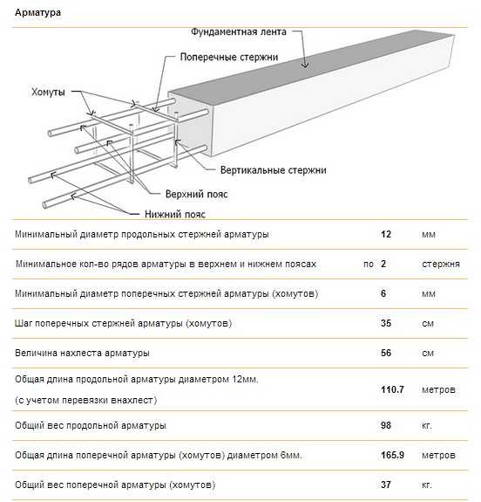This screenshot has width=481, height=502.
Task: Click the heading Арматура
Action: coord(37,13)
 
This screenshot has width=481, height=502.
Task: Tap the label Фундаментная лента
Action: coord(239,31)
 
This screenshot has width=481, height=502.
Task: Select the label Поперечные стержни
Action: coord(229,57)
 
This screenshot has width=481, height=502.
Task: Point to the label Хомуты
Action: coord(48,93)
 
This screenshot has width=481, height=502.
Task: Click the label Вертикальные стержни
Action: coord(274,170)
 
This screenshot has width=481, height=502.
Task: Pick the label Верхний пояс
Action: coord(196,194)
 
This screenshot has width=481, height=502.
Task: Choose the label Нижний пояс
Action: coord(175,214)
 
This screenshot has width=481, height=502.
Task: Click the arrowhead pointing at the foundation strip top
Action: coord(305,65)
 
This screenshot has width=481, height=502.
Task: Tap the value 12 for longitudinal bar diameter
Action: coord(386,234)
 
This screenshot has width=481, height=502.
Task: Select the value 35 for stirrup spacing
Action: coord(386,323)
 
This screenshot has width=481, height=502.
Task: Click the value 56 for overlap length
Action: coord(386,353)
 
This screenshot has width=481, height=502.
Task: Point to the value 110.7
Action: coord(392,389)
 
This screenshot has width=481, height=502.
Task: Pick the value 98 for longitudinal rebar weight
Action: coord(386,425)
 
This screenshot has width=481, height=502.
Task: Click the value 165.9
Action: coord(392,455)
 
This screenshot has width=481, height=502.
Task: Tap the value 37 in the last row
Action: coord(386,485)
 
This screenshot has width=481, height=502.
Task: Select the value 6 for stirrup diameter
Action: coord(383,293)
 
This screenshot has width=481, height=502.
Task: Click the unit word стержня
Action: coord(441,265)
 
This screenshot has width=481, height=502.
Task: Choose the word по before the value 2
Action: coord(369,265)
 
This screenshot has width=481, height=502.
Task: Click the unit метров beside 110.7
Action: coord(438,390)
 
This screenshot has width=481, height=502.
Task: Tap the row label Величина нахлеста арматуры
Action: coord(82,353)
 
